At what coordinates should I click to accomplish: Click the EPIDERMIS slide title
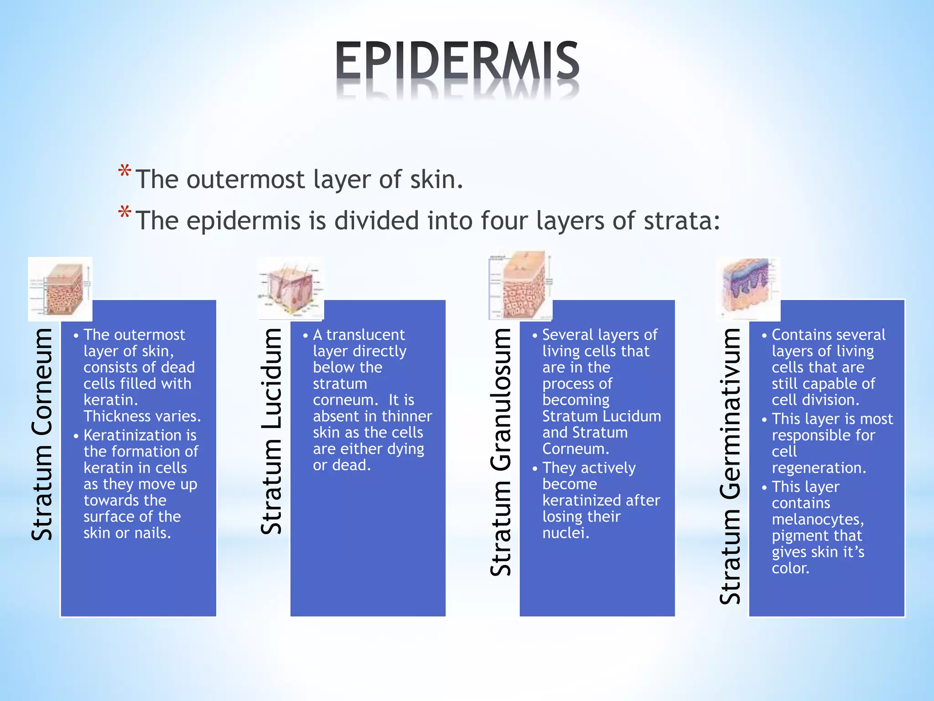click(457, 60)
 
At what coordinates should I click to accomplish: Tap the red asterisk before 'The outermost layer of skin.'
click(125, 172)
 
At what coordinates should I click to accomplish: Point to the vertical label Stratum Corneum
click(42, 434)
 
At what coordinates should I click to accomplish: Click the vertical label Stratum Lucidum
click(272, 431)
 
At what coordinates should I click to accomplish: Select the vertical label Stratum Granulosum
click(501, 452)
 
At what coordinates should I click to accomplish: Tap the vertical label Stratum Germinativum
click(730, 466)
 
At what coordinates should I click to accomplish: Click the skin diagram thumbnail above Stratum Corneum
click(60, 289)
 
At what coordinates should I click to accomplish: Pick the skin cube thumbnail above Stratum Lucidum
click(291, 288)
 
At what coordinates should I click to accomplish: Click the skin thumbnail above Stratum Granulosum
click(520, 285)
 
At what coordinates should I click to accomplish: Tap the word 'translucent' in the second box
click(365, 335)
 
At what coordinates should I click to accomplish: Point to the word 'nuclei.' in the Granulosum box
click(566, 533)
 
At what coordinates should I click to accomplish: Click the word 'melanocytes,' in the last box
click(818, 519)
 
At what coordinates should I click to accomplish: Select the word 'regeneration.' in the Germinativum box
click(819, 468)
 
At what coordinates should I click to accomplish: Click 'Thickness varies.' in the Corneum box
click(142, 416)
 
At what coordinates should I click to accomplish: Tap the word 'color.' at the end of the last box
click(790, 568)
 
